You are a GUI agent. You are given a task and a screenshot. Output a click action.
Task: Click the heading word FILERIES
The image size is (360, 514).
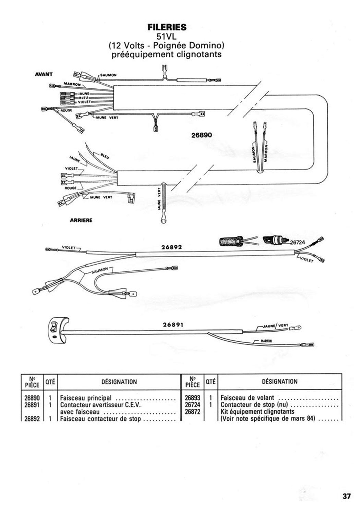point(167,27)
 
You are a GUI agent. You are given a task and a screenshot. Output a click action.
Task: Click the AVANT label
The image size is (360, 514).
point(44,74)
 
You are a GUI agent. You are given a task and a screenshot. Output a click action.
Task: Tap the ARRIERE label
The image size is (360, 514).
point(81,220)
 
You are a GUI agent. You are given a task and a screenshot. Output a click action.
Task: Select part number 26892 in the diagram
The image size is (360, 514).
point(171,247)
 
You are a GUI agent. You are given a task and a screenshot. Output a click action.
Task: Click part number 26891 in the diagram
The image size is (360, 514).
point(173,325)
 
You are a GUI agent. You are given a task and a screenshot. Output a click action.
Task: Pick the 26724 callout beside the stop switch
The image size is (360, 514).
point(297,242)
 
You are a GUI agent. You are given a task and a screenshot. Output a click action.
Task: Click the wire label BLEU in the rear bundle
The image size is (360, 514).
point(105,156)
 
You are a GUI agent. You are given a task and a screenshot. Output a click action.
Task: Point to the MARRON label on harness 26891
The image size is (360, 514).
point(266,341)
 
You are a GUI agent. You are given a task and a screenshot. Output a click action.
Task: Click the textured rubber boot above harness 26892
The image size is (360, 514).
point(230,241)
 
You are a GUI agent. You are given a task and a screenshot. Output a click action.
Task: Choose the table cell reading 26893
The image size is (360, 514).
point(192,398)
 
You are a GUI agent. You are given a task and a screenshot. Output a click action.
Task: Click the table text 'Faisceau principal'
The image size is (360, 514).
point(86,398)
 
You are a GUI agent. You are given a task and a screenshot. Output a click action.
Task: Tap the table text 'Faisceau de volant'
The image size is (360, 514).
point(247,398)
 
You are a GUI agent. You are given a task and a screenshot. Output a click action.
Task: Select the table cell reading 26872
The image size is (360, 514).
point(192,412)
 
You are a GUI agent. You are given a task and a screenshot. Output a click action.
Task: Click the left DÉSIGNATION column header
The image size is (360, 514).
point(119,382)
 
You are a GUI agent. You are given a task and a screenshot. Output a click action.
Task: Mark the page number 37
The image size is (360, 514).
point(347,496)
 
